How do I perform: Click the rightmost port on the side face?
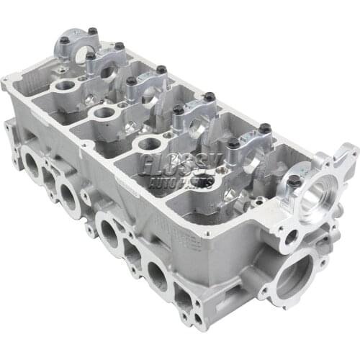[x=158, y=274]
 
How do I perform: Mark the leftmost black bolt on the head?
[x=64, y=40]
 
